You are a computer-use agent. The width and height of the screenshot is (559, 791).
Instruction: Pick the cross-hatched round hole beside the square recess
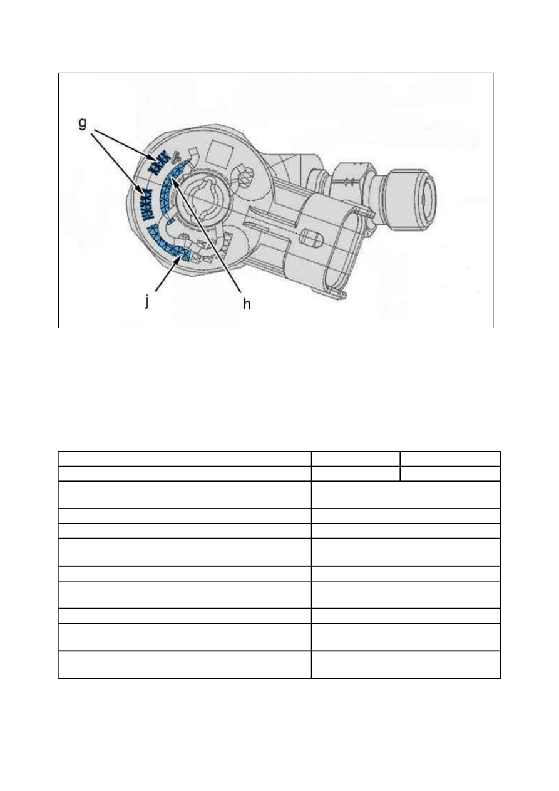245,176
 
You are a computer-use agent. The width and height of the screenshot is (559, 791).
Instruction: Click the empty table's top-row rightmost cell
450,458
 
